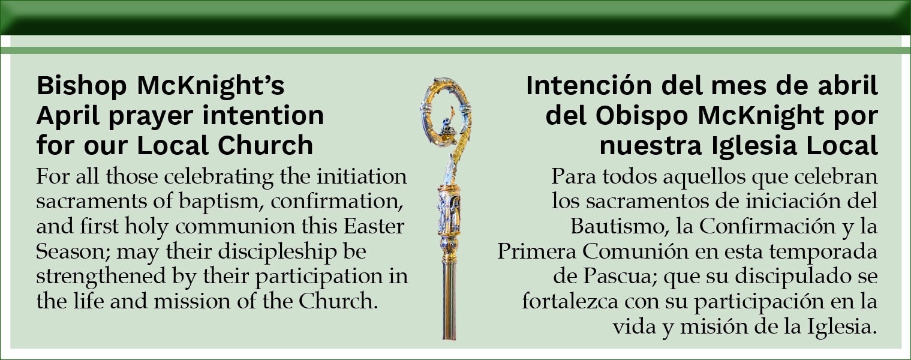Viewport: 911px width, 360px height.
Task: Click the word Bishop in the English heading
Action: pyautogui.click(x=82, y=86)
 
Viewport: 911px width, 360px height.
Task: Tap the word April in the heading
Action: pyautogui.click(x=68, y=116)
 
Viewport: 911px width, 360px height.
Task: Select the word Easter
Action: pyautogui.click(x=374, y=226)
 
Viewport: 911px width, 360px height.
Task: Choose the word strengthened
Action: pyautogui.click(x=101, y=277)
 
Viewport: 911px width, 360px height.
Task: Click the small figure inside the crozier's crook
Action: pyautogui.click(x=447, y=125)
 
